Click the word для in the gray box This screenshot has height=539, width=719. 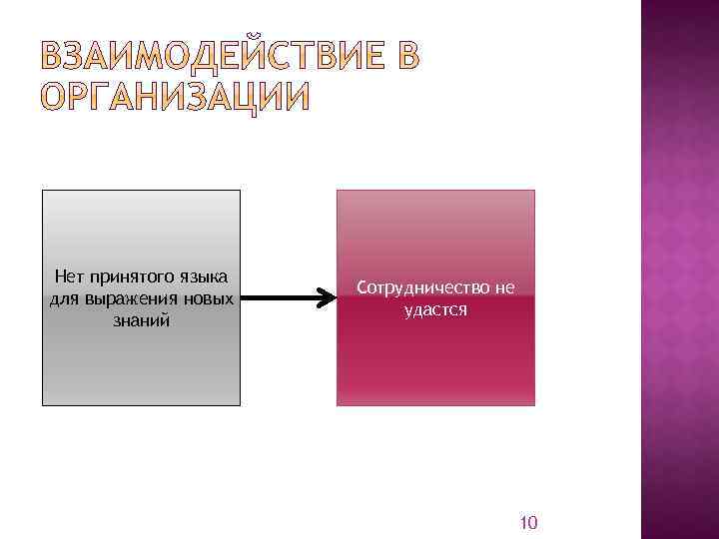62,298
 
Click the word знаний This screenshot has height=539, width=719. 141,320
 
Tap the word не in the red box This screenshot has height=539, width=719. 504,287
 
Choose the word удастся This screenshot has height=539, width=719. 435,309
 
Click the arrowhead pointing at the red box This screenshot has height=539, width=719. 327,297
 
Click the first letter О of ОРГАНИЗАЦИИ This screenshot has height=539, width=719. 55,98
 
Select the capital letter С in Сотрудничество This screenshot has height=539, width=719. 361,287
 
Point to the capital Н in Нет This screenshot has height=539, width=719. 60,276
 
